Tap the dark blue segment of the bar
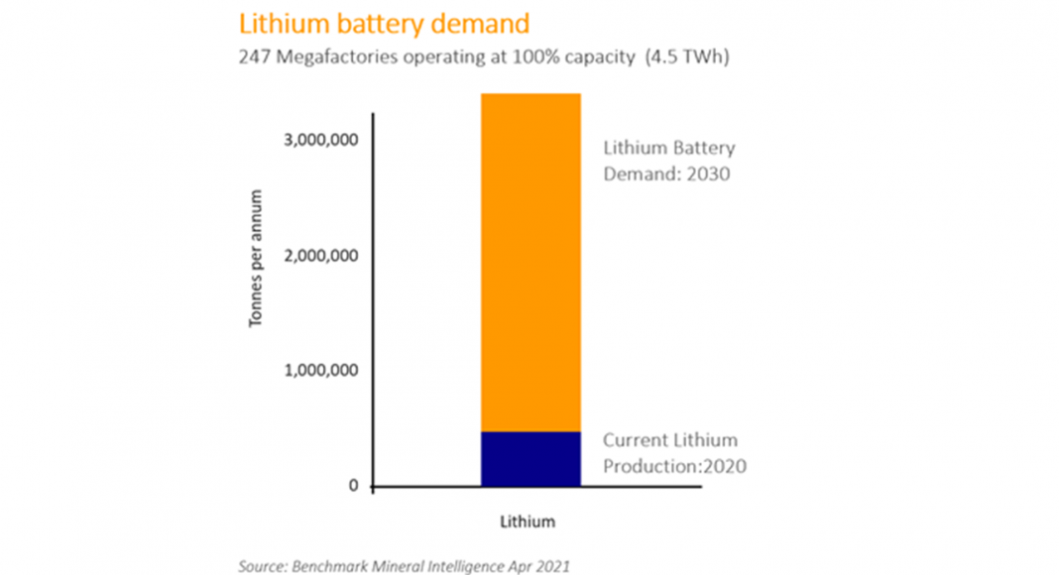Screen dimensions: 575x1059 (x=530, y=459)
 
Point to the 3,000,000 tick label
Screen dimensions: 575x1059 (x=320, y=140)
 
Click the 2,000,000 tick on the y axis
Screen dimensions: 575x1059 (x=320, y=256)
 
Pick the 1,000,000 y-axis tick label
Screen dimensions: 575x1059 (x=320, y=371)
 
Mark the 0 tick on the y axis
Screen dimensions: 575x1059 (x=352, y=487)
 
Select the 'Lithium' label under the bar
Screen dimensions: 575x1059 (x=528, y=521)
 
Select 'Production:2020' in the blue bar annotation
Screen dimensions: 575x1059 (x=674, y=466)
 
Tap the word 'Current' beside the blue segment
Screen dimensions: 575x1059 (x=636, y=440)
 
